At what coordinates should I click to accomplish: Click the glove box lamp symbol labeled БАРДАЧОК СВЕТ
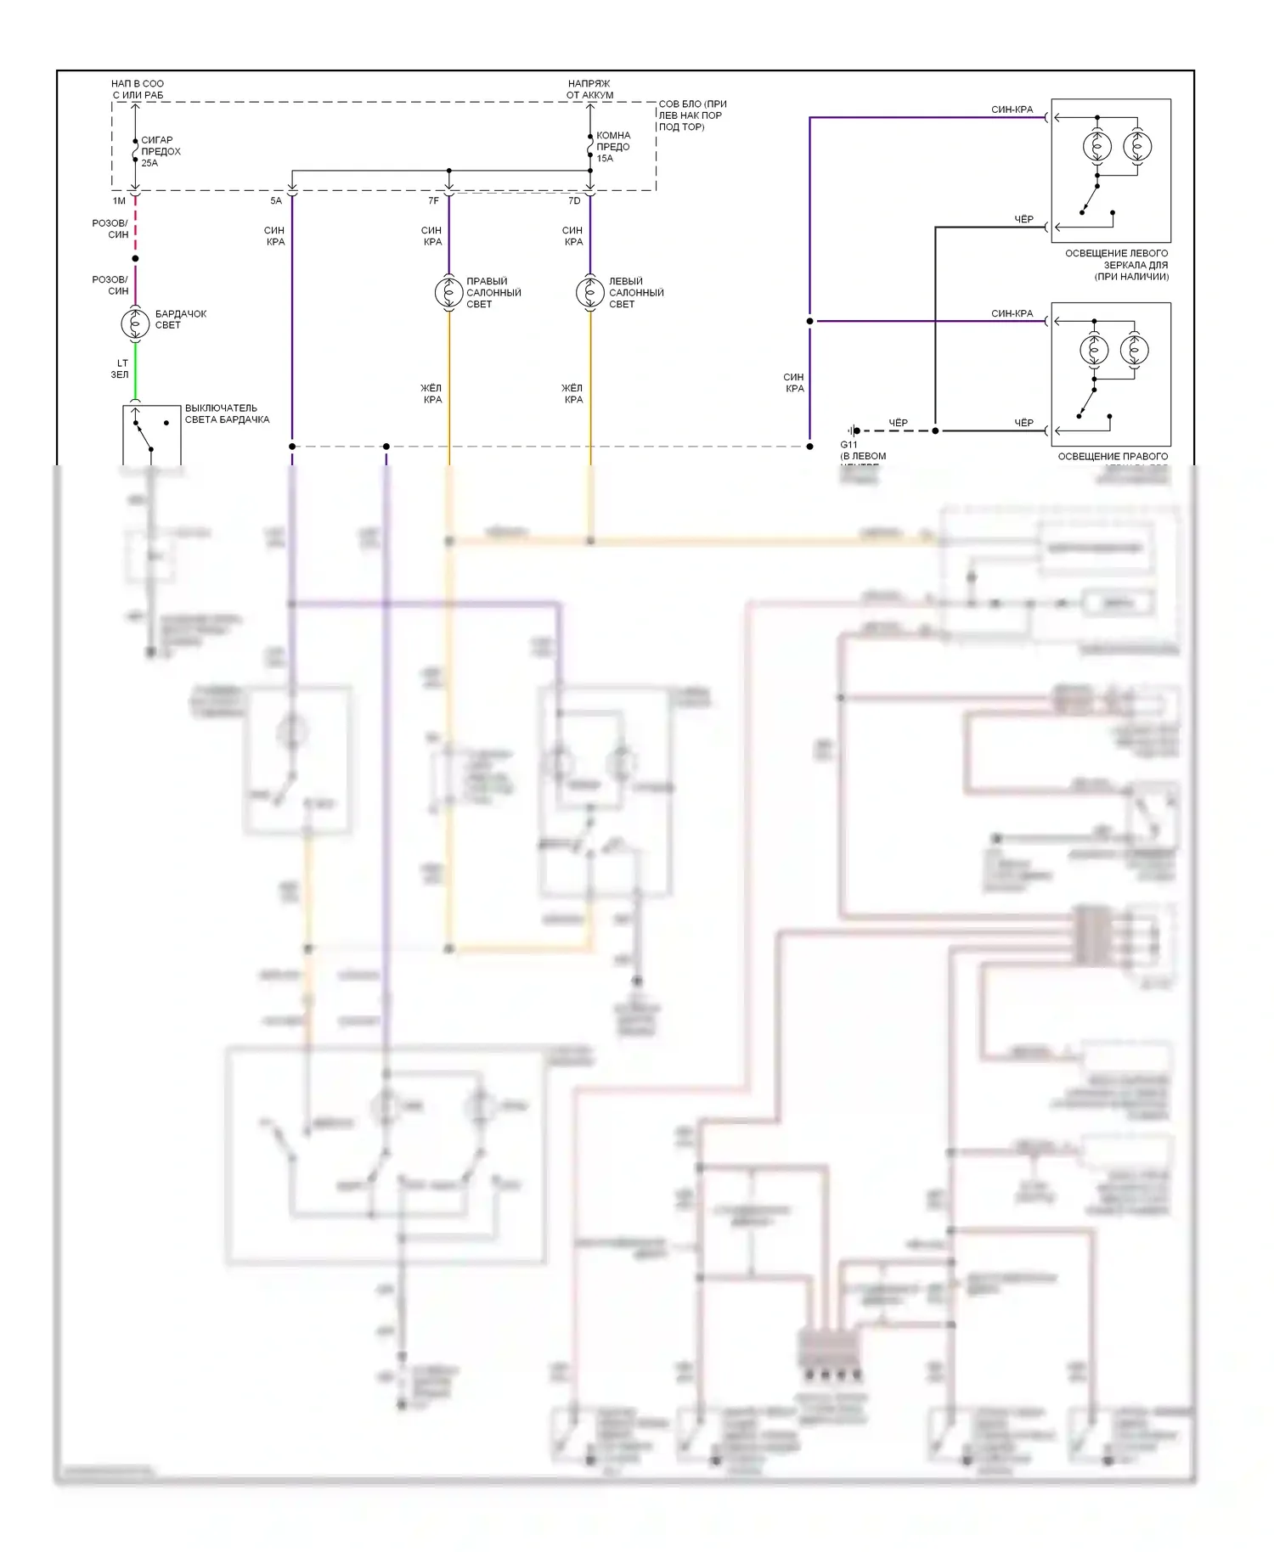point(135,323)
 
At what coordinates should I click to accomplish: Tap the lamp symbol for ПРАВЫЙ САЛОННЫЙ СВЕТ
point(448,292)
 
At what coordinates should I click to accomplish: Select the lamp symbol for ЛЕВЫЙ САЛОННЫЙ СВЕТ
point(590,292)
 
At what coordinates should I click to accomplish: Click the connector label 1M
point(119,201)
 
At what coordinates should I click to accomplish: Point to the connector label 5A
point(276,201)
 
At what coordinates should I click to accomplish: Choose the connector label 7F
point(433,201)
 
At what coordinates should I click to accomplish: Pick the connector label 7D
point(574,201)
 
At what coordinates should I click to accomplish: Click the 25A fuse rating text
point(149,163)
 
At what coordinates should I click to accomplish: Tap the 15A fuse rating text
point(605,158)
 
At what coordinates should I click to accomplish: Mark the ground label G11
point(848,445)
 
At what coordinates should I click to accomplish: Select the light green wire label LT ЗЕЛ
point(120,368)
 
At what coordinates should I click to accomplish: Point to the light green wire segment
point(135,369)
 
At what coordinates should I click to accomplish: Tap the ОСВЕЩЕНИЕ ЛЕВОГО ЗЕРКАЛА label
point(1116,265)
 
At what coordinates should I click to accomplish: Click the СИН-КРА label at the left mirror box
point(1012,110)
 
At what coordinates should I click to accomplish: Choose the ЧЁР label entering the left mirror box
point(1023,219)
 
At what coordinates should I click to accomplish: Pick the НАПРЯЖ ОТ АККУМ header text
point(589,89)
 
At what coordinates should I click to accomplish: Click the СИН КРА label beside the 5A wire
point(275,236)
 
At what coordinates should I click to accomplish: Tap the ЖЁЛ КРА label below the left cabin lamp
point(573,394)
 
